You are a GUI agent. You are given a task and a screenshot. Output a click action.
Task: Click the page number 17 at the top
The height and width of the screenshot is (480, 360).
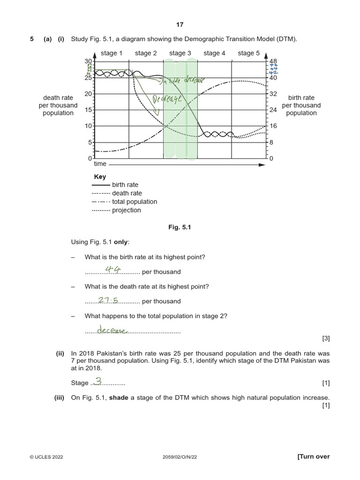(x=180, y=25)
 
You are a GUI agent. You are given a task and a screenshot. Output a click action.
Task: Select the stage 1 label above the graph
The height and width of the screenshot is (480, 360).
(x=112, y=53)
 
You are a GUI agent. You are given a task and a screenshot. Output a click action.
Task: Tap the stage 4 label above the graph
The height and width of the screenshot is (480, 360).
(x=214, y=53)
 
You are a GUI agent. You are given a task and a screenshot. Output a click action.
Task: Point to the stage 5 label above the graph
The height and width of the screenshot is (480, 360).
(x=248, y=53)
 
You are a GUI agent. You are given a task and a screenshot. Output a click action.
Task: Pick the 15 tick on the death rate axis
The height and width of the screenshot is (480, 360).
(x=89, y=110)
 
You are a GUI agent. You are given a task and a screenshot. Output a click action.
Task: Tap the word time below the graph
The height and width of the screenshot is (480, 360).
(x=100, y=164)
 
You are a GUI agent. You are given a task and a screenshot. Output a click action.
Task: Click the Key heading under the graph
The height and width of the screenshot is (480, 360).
(x=100, y=177)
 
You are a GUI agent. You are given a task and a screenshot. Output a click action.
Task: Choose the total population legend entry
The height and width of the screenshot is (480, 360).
(x=135, y=202)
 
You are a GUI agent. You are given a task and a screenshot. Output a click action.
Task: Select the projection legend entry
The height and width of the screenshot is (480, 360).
(x=126, y=210)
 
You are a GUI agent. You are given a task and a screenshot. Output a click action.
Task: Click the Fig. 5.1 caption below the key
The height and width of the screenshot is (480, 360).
(x=180, y=227)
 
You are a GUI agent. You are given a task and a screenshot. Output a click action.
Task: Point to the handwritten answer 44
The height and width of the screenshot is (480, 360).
(x=112, y=269)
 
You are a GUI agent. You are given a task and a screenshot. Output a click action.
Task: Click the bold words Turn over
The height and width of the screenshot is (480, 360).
(x=314, y=457)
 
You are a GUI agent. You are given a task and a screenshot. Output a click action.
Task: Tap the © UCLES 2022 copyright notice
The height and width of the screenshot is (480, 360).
(x=46, y=457)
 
